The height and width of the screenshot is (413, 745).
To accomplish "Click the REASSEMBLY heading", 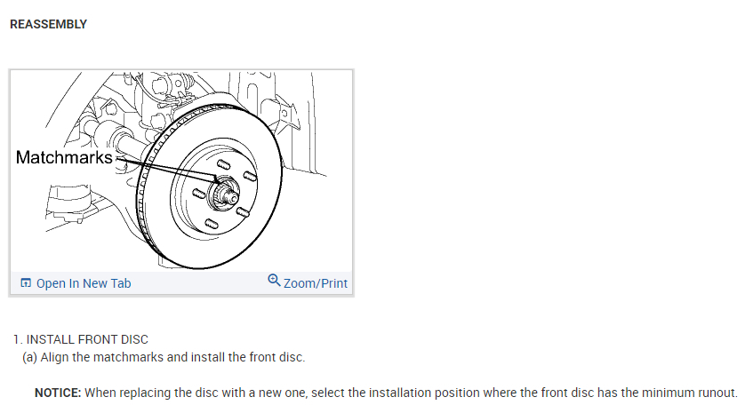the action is click(48, 24).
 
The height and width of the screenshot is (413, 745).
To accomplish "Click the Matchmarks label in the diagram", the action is click(65, 158).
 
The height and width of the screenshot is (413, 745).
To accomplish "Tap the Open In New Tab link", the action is click(83, 283).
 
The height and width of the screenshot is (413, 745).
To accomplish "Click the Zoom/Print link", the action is click(315, 283).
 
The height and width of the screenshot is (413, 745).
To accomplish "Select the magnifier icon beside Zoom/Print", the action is click(274, 282).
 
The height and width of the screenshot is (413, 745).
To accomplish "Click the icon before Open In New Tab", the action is click(26, 283).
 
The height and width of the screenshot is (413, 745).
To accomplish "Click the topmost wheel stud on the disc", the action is click(224, 162).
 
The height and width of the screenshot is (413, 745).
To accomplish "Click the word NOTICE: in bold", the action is click(58, 393).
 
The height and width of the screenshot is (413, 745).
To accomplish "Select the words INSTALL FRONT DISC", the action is click(87, 339).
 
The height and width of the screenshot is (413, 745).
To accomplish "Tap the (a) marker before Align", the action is click(29, 358).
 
